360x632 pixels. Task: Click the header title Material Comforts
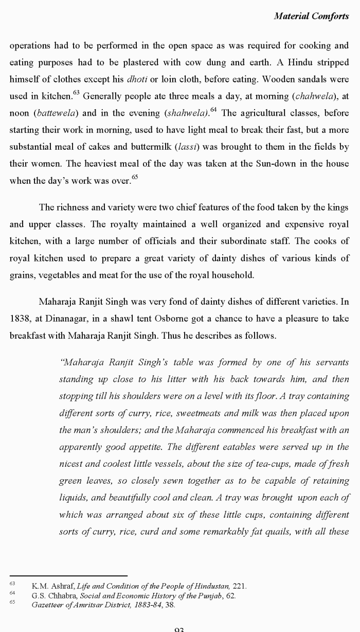311,16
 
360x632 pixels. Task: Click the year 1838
20,319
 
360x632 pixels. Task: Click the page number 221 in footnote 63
239,586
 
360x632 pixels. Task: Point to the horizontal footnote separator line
68,576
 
